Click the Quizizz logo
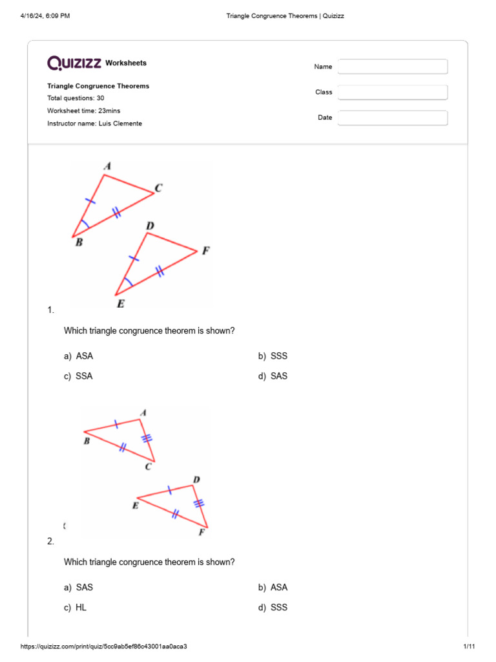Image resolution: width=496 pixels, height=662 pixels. point(74,63)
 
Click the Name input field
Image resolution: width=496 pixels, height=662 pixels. point(393,67)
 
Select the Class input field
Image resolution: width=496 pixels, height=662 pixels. point(393,92)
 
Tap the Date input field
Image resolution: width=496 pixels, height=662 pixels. point(393,118)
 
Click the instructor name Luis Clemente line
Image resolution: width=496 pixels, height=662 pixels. point(94,123)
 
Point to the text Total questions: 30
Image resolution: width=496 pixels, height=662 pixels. point(76,98)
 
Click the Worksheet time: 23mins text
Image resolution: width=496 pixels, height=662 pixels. point(83,111)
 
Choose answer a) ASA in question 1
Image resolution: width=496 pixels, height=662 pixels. point(83,356)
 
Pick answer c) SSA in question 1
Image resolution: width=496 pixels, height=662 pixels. point(83,376)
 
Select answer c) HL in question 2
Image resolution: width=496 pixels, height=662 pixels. point(81,608)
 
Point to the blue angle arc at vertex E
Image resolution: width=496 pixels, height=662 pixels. point(129,283)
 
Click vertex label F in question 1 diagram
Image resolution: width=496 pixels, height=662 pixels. point(205,250)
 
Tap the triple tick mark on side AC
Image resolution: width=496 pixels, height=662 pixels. point(147,438)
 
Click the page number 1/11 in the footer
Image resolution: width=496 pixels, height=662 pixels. point(469,647)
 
